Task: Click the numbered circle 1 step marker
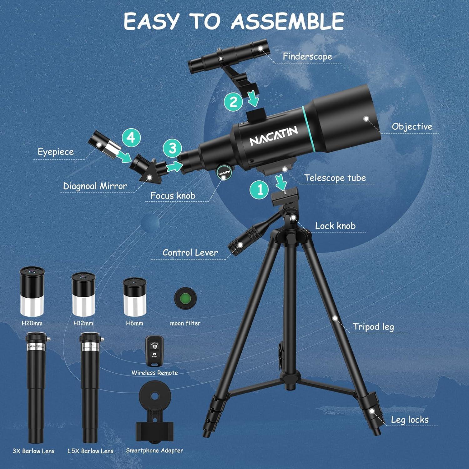click(259, 189)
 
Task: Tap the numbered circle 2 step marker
click(233, 102)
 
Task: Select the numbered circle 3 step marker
click(173, 148)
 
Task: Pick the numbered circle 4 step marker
click(131, 138)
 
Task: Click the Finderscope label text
click(307, 57)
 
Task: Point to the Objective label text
click(412, 127)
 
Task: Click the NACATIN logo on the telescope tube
click(273, 136)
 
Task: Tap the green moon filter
click(185, 299)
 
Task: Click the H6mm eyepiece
click(134, 297)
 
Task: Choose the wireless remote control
click(154, 351)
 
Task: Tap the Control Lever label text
click(190, 253)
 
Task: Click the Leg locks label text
click(409, 420)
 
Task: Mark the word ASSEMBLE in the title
click(287, 21)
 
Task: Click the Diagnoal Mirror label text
click(95, 186)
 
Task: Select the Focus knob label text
click(173, 196)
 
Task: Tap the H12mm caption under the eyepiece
click(83, 323)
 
